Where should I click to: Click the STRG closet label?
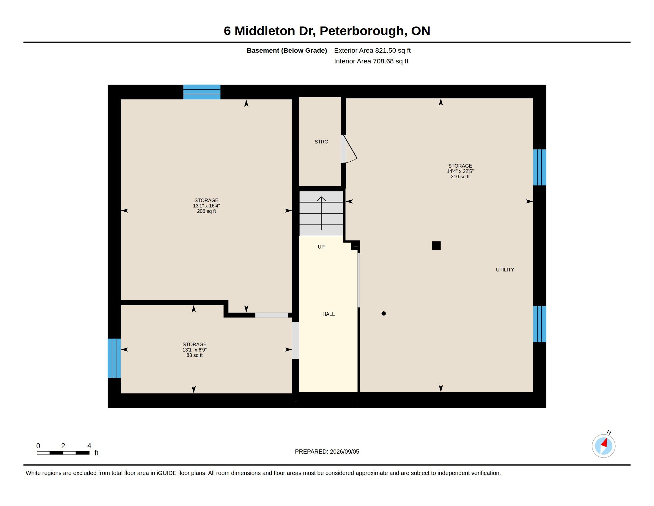click(x=321, y=142)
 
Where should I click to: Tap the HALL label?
click(x=328, y=314)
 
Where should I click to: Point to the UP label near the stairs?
click(x=321, y=247)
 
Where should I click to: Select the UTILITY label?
click(x=505, y=270)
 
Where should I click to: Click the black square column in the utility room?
click(x=436, y=246)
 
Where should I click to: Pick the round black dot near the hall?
click(x=383, y=313)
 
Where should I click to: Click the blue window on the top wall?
click(x=202, y=92)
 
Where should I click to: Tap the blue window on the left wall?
click(x=114, y=358)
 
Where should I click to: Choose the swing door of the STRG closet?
click(x=349, y=149)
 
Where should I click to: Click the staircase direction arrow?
click(x=321, y=213)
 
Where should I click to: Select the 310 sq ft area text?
click(x=460, y=177)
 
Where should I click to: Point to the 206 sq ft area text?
click(x=206, y=211)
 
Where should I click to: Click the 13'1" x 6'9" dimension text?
click(x=195, y=350)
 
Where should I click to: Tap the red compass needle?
click(x=604, y=443)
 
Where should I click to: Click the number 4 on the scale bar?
click(x=89, y=446)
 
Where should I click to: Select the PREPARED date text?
click(x=327, y=452)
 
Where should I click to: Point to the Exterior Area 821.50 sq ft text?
click(x=372, y=50)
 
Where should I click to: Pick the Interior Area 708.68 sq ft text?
click(x=371, y=61)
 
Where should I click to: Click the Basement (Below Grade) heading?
click(x=287, y=51)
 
